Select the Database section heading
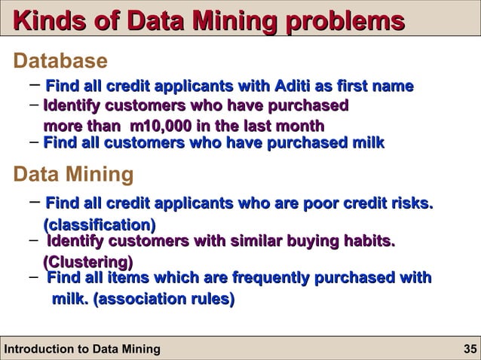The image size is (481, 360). coord(61,60)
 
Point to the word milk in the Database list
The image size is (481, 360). coord(367,142)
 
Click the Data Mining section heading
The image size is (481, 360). coord(74,175)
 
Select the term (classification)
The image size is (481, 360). coord(100,224)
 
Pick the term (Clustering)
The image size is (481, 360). coord(88,262)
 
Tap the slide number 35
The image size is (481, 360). coord(470,349)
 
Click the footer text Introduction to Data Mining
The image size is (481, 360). coord(82,349)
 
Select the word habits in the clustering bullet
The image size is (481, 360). coord(369,242)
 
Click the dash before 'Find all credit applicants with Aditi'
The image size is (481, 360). coord(34,85)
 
